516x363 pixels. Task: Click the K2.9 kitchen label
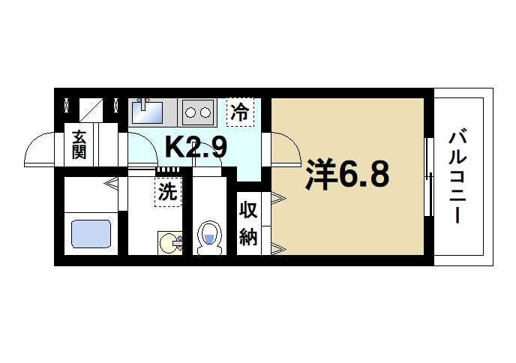pyautogui.click(x=195, y=146)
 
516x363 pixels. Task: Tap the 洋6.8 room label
pyautogui.click(x=346, y=175)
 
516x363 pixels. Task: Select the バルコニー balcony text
pyautogui.click(x=458, y=177)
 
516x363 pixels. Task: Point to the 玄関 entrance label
pyautogui.click(x=79, y=145)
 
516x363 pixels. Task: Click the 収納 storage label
pyautogui.click(x=248, y=223)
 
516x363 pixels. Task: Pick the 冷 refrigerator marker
pyautogui.click(x=240, y=112)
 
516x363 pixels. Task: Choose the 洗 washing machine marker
pyautogui.click(x=167, y=191)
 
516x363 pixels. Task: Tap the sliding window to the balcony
pyautogui.click(x=429, y=177)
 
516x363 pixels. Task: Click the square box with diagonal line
pyautogui.click(x=91, y=109)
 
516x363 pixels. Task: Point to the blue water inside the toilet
pyautogui.click(x=208, y=240)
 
